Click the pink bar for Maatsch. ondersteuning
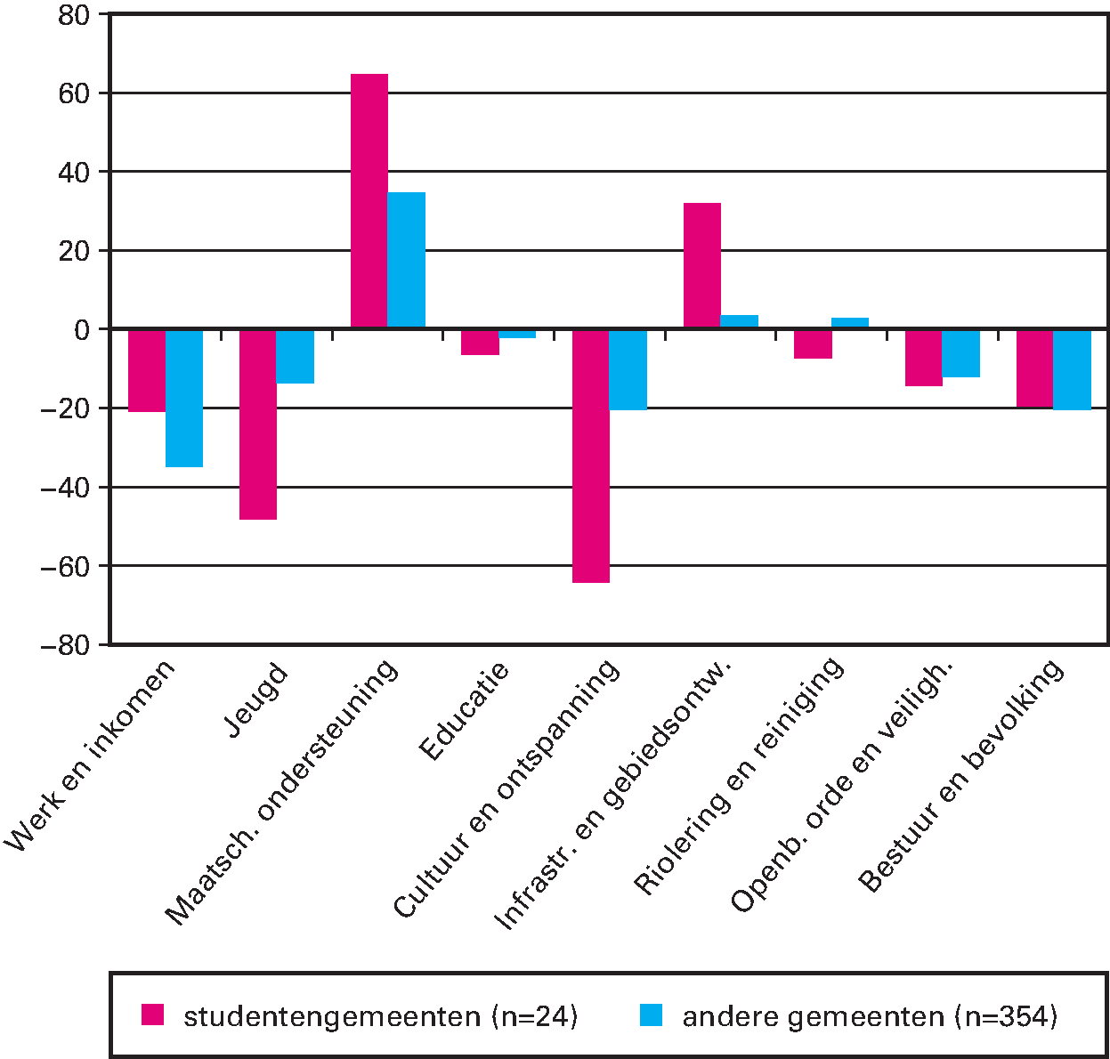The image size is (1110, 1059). point(369,201)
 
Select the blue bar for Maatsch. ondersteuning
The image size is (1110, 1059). point(406,260)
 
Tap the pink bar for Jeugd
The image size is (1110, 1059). point(258,424)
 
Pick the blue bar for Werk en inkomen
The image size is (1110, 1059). point(184,398)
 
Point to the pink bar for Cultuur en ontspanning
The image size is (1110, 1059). point(591,456)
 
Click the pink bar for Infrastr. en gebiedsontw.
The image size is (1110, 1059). point(702,266)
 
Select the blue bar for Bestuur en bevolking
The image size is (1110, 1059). point(1072,369)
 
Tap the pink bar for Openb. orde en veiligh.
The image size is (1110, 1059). point(924,358)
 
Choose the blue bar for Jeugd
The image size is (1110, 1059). point(295,356)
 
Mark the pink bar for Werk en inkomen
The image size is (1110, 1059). point(147,370)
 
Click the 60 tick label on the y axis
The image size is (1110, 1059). point(75,93)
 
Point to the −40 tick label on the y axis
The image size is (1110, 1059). point(66,488)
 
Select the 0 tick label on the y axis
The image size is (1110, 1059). point(83,330)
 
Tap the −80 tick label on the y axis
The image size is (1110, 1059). point(66,645)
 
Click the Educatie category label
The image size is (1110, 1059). point(464,711)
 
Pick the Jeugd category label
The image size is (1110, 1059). point(257,700)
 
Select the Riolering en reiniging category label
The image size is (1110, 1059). point(739,775)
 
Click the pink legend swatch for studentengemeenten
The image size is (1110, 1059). point(153,1015)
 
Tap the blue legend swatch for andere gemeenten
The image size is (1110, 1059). point(651,1015)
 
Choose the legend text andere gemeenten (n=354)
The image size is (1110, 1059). point(870,1016)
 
